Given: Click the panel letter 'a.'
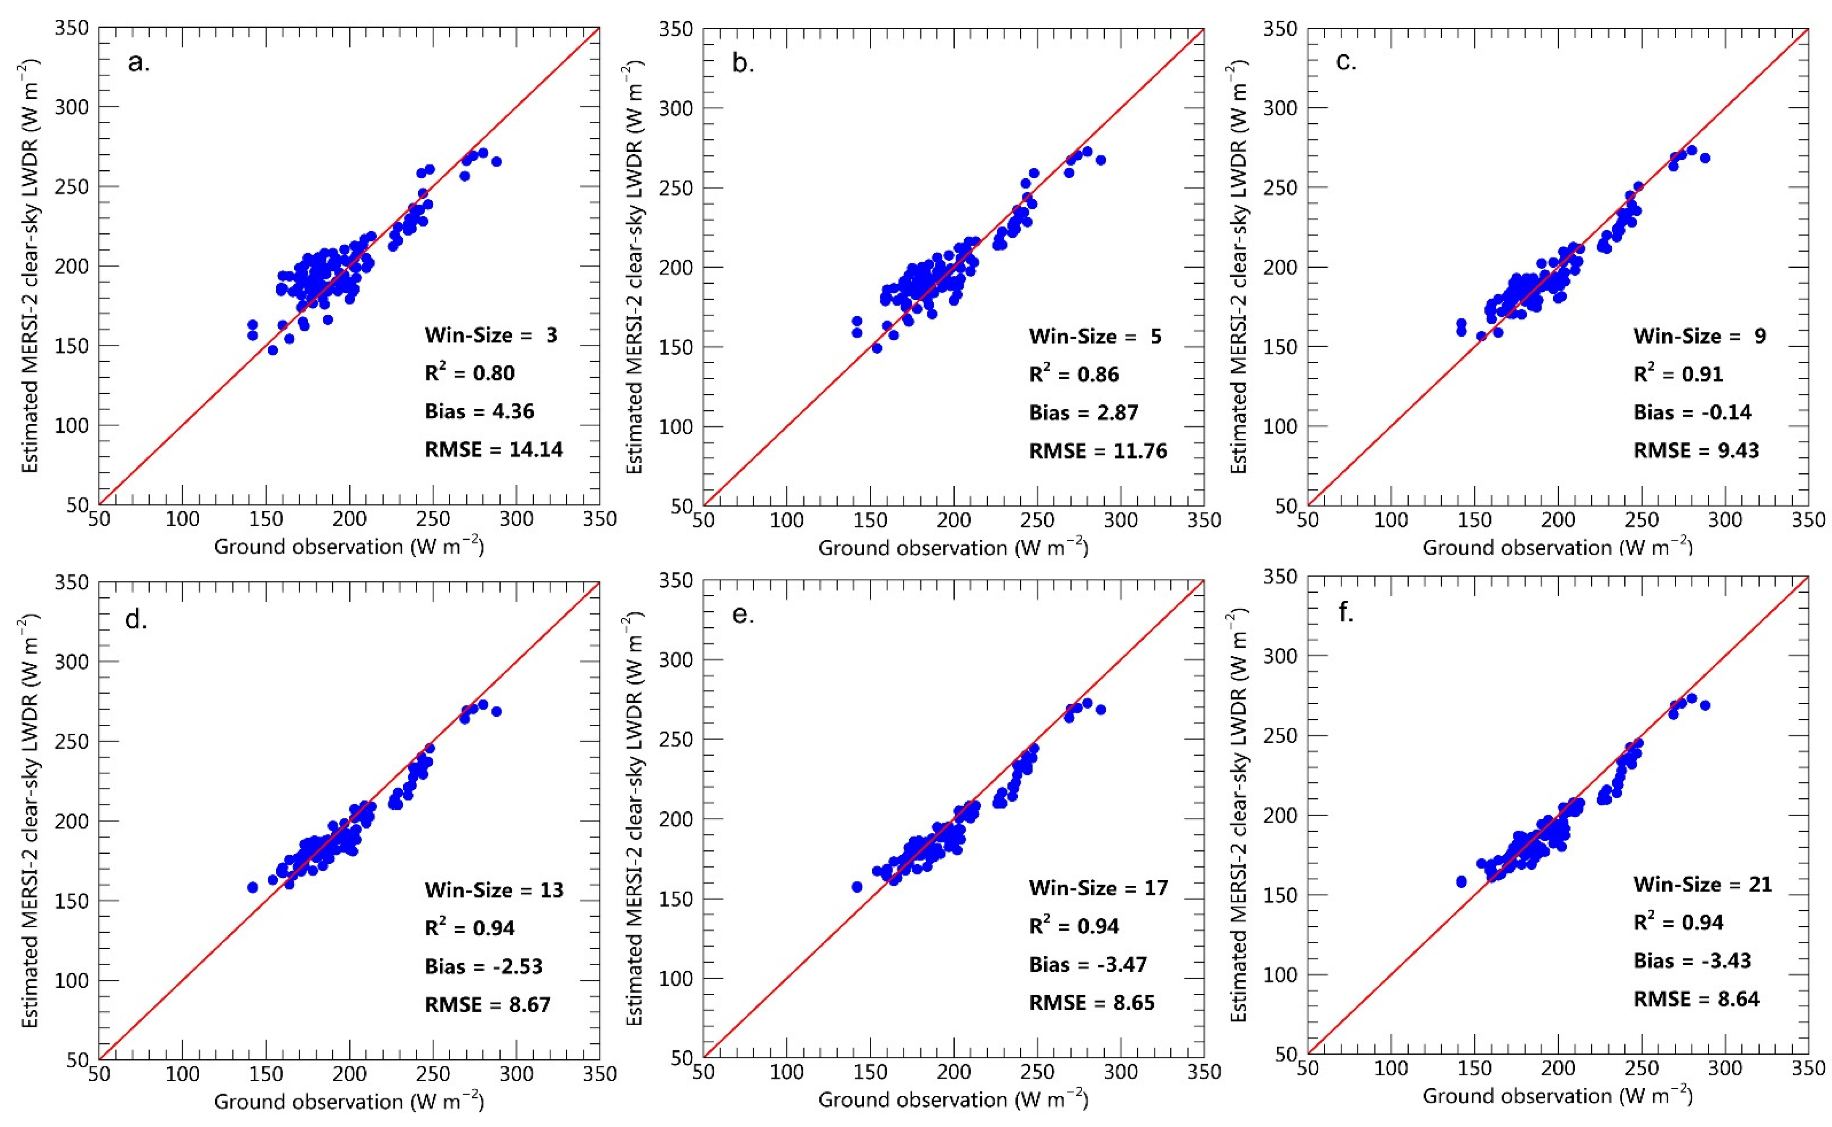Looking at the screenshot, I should [x=139, y=63].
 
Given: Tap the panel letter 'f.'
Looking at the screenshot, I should [x=1346, y=613].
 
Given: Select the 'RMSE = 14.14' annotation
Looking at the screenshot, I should [x=494, y=449].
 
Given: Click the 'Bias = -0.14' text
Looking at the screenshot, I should [x=1692, y=412].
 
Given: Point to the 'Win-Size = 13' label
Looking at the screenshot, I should [x=494, y=890].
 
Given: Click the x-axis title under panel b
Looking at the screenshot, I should [x=953, y=548].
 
